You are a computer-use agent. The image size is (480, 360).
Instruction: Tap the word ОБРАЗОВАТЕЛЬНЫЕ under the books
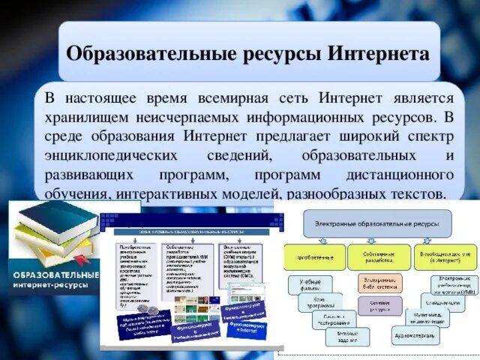(x=54, y=274)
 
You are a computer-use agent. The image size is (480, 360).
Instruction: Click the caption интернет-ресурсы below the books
(x=54, y=286)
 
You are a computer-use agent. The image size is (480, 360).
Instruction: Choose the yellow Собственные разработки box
(x=379, y=257)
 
